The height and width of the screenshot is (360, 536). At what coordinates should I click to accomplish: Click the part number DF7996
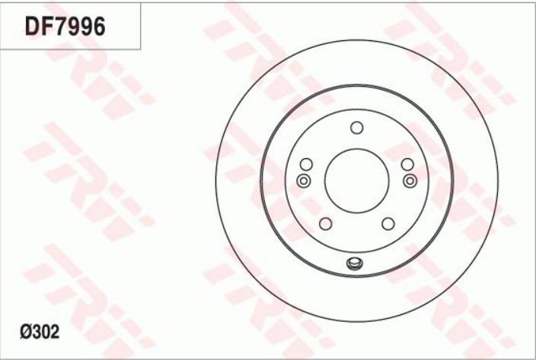tap(65, 27)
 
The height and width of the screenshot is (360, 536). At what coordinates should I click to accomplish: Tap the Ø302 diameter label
tap(40, 332)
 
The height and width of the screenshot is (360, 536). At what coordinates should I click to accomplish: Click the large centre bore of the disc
tap(356, 180)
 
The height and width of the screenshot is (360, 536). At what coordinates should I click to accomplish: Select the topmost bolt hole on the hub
tap(357, 128)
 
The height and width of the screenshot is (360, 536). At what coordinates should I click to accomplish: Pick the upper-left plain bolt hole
tap(306, 164)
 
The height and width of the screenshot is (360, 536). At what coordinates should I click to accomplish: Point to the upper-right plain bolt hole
tap(407, 164)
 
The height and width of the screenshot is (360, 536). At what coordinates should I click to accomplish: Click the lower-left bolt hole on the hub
tap(325, 224)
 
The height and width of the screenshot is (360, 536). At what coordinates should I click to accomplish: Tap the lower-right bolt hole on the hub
tap(388, 224)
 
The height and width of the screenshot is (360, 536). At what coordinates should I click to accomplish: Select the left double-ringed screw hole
tap(304, 180)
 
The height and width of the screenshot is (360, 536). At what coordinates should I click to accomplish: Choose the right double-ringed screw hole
tap(410, 180)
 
